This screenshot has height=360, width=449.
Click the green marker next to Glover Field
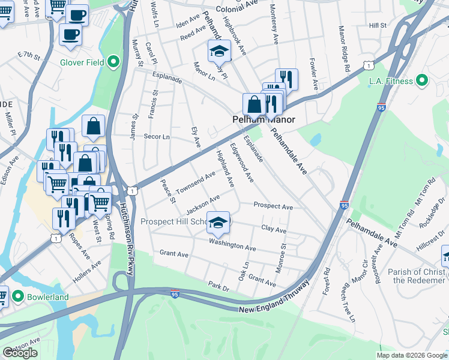[x=113, y=62]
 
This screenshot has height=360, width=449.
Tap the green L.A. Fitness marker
[x=421, y=81]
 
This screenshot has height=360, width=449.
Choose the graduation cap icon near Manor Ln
[x=219, y=52]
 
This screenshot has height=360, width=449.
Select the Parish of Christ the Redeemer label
[x=417, y=277]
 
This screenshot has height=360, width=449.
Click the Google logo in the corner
[x=20, y=353]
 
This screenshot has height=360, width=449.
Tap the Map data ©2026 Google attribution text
[x=411, y=355]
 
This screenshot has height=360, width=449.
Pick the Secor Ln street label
[x=157, y=137]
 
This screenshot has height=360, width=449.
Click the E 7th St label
[x=28, y=56]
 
